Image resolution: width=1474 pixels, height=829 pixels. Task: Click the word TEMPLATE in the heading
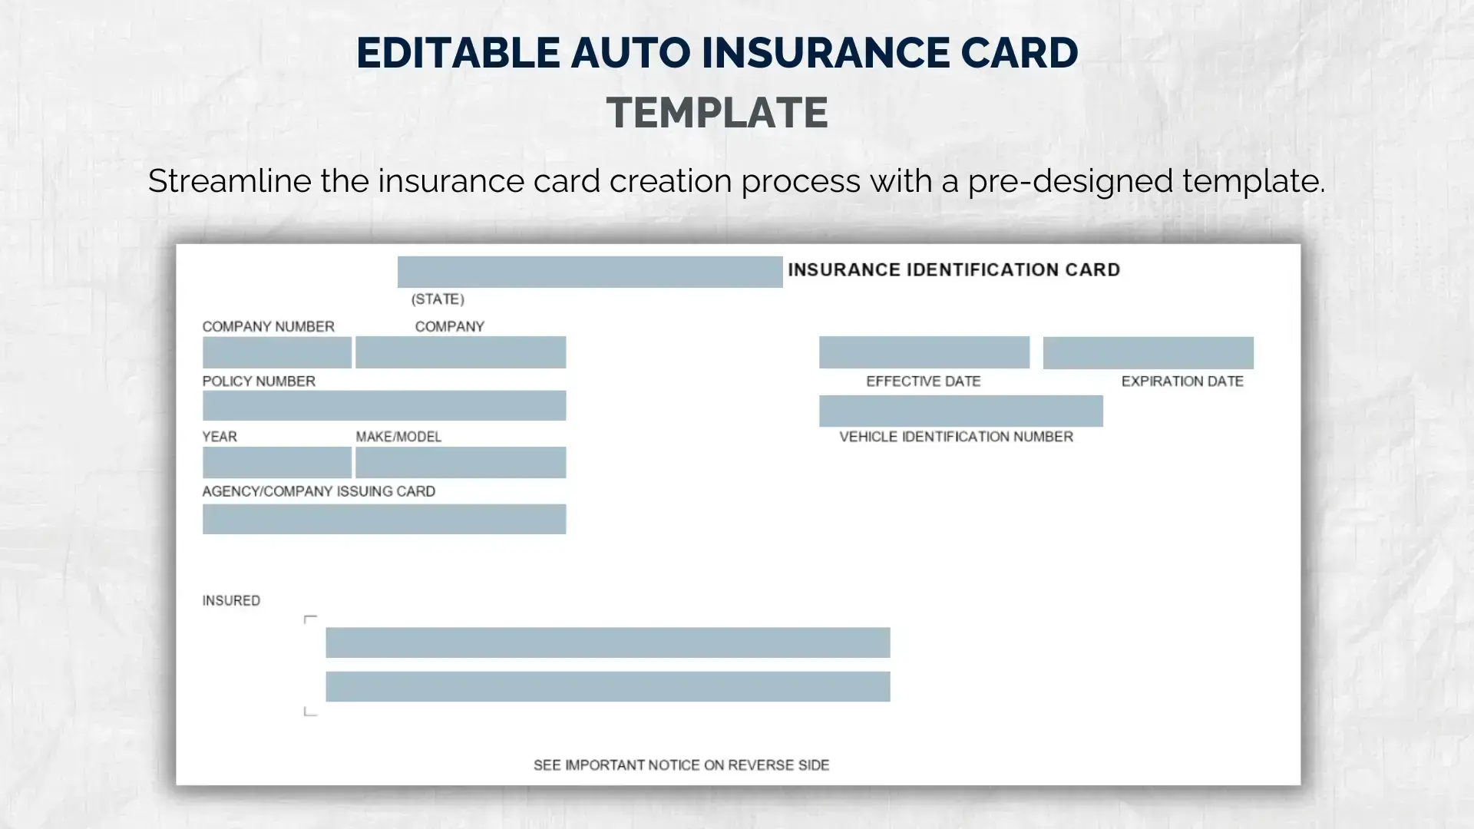pyautogui.click(x=717, y=112)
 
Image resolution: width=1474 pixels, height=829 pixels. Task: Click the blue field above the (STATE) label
pyautogui.click(x=590, y=272)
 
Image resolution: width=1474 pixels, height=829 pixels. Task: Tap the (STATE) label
pyautogui.click(x=438, y=299)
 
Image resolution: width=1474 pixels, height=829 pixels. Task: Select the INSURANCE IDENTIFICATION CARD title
pyautogui.click(x=953, y=269)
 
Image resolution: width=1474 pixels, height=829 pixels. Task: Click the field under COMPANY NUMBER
pyautogui.click(x=276, y=352)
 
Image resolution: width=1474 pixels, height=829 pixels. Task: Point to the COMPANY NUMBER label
pyautogui.click(x=268, y=326)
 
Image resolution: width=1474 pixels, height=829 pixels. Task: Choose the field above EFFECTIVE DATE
pyautogui.click(x=924, y=352)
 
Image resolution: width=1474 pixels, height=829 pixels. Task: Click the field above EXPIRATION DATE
pyautogui.click(x=1148, y=352)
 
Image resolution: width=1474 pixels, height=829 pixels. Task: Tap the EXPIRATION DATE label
pyautogui.click(x=1182, y=381)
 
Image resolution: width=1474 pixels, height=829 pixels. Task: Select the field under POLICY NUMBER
pyautogui.click(x=384, y=405)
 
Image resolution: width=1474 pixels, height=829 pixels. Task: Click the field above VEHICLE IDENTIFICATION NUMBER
pyautogui.click(x=960, y=411)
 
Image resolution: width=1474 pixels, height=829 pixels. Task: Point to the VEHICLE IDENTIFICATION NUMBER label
pyautogui.click(x=956, y=436)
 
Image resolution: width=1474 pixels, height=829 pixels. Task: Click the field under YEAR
pyautogui.click(x=276, y=462)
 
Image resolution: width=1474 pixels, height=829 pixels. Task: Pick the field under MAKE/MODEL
pyautogui.click(x=460, y=462)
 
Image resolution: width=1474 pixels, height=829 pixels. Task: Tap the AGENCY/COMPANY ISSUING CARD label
pyautogui.click(x=319, y=491)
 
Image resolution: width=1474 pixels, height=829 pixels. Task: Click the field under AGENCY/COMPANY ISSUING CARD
pyautogui.click(x=384, y=519)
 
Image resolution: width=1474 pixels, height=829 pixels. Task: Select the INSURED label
pyautogui.click(x=231, y=600)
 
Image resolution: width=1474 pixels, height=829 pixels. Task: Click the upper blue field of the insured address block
pyautogui.click(x=607, y=642)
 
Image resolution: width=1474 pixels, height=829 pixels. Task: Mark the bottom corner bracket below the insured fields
pyautogui.click(x=310, y=712)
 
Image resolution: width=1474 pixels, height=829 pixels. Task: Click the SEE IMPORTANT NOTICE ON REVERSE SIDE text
pyautogui.click(x=681, y=765)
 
